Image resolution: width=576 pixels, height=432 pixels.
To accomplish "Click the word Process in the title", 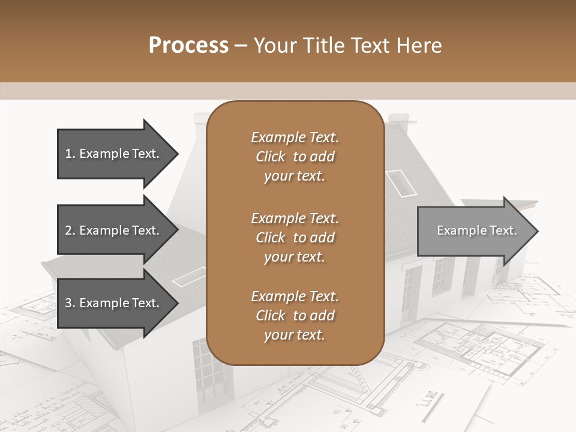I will coord(188,46).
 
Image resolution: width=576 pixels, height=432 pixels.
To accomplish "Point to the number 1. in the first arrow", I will coord(70,154).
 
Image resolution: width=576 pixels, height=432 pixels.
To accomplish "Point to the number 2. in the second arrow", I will coord(70,230).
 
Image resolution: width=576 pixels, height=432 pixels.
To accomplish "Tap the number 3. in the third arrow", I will coord(70,303).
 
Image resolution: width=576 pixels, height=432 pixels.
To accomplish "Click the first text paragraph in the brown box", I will coord(295,157).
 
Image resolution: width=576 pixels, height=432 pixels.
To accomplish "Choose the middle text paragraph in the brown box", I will coord(295,237).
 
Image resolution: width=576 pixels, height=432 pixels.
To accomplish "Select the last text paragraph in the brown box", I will coord(295,316).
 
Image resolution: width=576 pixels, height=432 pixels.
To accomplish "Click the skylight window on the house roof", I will coord(400,182).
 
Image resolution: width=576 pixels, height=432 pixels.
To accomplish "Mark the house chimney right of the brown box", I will coord(398,124).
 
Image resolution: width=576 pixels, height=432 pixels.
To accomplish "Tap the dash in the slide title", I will coord(241,46).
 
